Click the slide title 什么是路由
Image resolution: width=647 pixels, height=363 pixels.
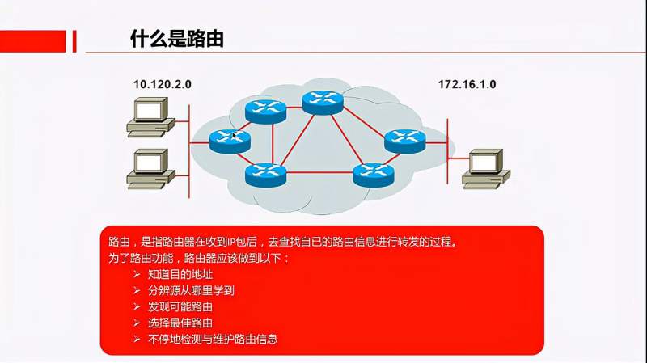(176, 39)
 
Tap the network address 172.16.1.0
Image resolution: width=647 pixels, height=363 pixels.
(467, 84)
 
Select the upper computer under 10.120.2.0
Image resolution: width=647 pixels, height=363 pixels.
(149, 115)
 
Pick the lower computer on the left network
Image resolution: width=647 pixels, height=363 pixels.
(150, 167)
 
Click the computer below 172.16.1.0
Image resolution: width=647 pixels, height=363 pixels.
(485, 167)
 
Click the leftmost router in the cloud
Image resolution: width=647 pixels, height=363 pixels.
(230, 140)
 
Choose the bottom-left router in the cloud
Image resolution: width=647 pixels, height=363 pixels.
(265, 174)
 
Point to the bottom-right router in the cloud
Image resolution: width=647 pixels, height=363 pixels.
(372, 174)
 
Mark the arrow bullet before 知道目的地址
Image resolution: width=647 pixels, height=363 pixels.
(135, 275)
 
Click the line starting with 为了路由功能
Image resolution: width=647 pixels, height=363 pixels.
(198, 259)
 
